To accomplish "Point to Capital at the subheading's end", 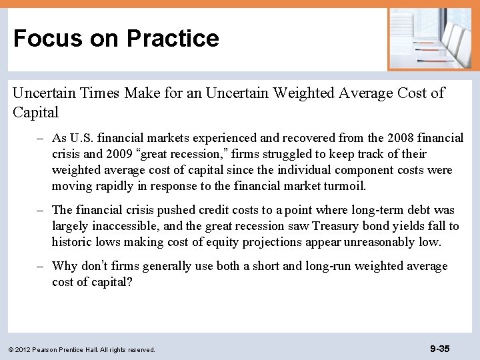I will click(35, 112).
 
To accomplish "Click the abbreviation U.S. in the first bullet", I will click(82, 139).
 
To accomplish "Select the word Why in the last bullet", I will click(65, 267).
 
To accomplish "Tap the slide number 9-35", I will click(439, 348).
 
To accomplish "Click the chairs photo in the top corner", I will click(429, 38).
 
